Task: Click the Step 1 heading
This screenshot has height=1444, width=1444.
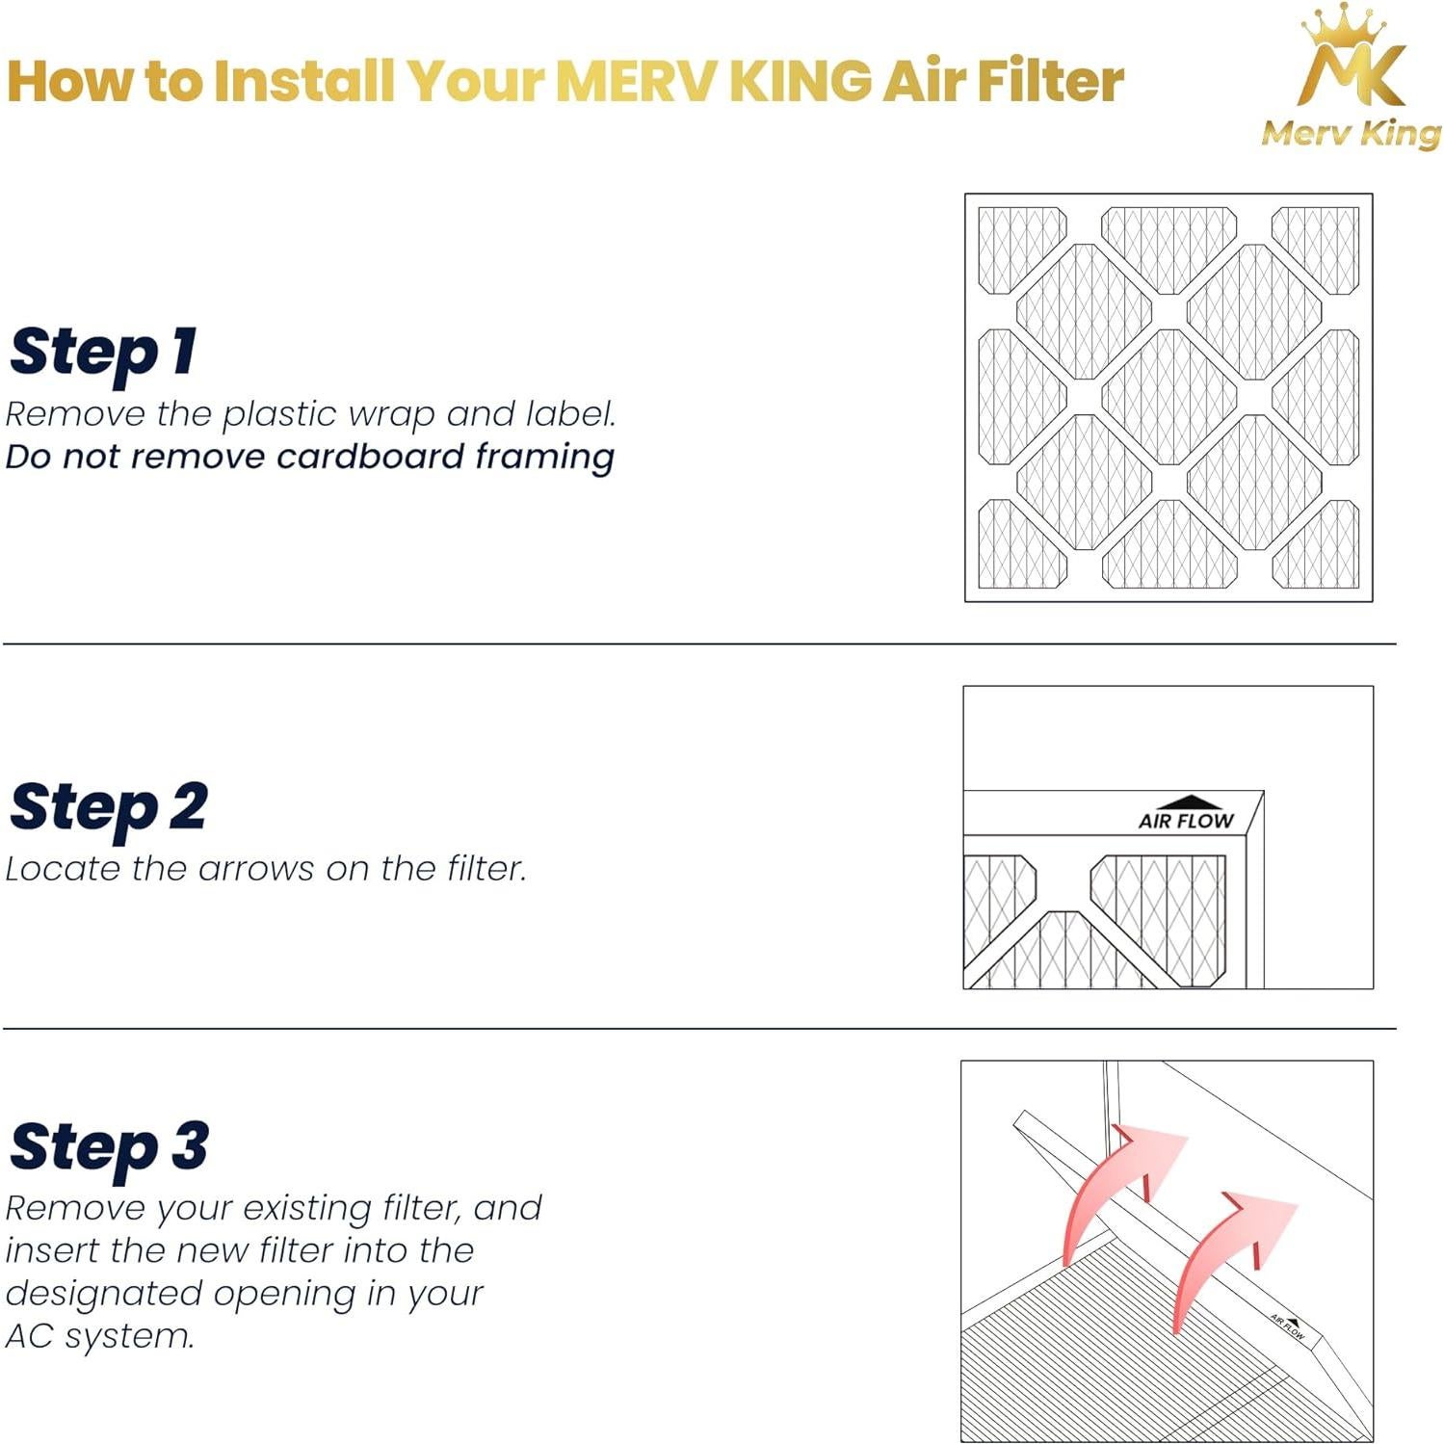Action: (104, 353)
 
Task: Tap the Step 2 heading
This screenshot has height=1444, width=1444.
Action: (108, 807)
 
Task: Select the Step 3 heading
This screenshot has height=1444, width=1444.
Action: (109, 1146)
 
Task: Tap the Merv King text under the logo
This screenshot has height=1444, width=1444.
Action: (1351, 133)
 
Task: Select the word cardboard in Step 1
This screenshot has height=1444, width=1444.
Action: (370, 456)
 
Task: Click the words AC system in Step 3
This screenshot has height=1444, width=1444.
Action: (99, 1336)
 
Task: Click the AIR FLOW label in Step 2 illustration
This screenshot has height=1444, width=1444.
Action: (1185, 821)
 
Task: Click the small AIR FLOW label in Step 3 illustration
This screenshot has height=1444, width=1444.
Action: (1287, 1326)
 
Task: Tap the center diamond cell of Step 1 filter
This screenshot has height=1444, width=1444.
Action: (1168, 397)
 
